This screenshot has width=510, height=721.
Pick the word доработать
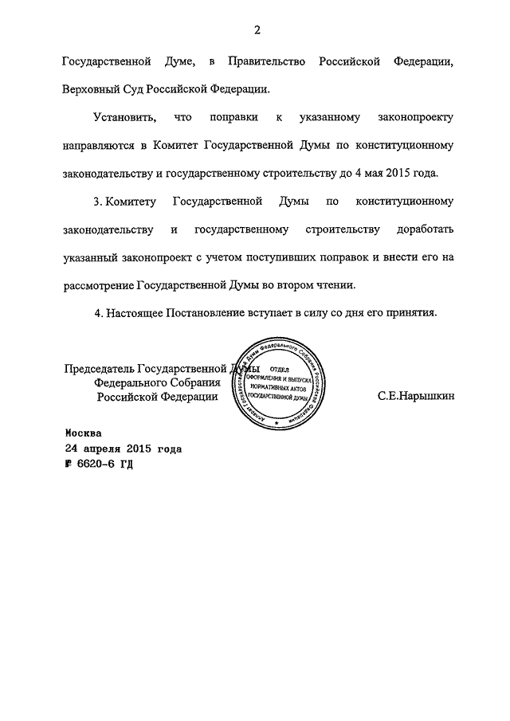pyautogui.click(x=418, y=230)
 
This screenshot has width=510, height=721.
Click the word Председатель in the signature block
pyautogui.click(x=99, y=368)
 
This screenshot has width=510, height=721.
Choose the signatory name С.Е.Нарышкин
pyautogui.click(x=416, y=396)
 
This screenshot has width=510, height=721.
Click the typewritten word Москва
pyautogui.click(x=83, y=433)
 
